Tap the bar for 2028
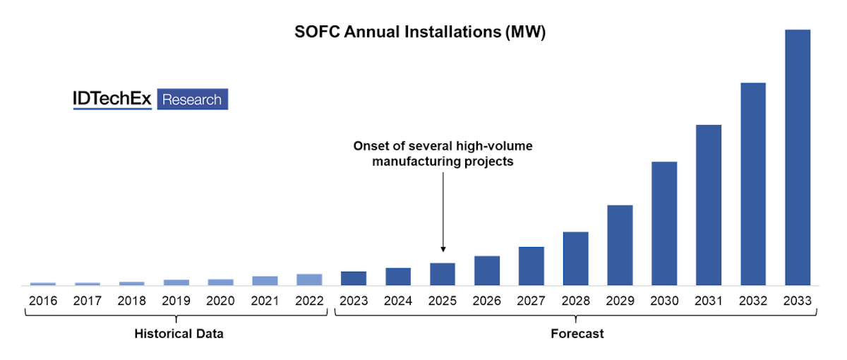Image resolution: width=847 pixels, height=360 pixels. tap(575, 258)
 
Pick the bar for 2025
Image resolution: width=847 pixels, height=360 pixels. tap(443, 274)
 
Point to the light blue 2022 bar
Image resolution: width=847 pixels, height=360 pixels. tap(309, 280)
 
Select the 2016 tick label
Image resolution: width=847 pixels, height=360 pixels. tap(42, 301)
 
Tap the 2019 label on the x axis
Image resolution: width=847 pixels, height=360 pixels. tap(176, 301)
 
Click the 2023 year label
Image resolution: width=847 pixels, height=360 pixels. tap(354, 301)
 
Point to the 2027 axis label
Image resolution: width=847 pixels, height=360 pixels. tap(531, 301)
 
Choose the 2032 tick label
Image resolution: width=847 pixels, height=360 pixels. tap(753, 301)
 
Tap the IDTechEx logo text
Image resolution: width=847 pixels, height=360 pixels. tap(112, 100)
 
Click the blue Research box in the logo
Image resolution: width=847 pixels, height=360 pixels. tap(192, 100)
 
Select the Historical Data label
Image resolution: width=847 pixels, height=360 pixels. tap(179, 334)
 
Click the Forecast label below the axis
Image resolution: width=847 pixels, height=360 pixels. tap(577, 334)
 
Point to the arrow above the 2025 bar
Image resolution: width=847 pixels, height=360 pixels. tap(443, 212)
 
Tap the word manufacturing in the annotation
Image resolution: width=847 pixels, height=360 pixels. tap(415, 162)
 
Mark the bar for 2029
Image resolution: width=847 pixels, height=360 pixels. tap(620, 245)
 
